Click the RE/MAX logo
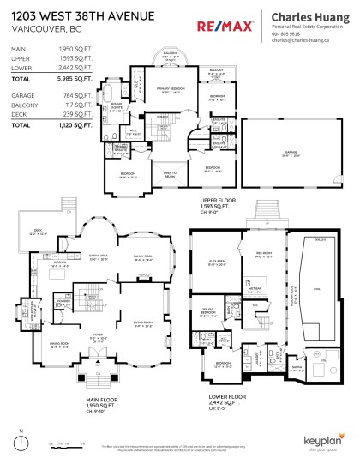click(225, 27)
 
